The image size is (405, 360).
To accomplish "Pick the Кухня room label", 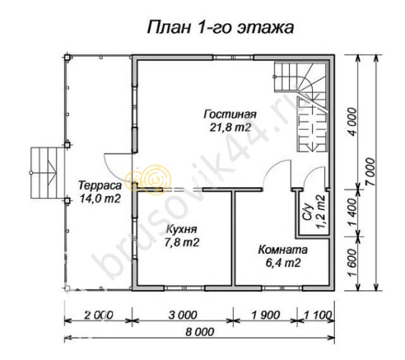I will point(179,230).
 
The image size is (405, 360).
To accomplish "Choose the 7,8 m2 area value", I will point(179,241).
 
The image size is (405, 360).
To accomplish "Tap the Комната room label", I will point(283,250).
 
